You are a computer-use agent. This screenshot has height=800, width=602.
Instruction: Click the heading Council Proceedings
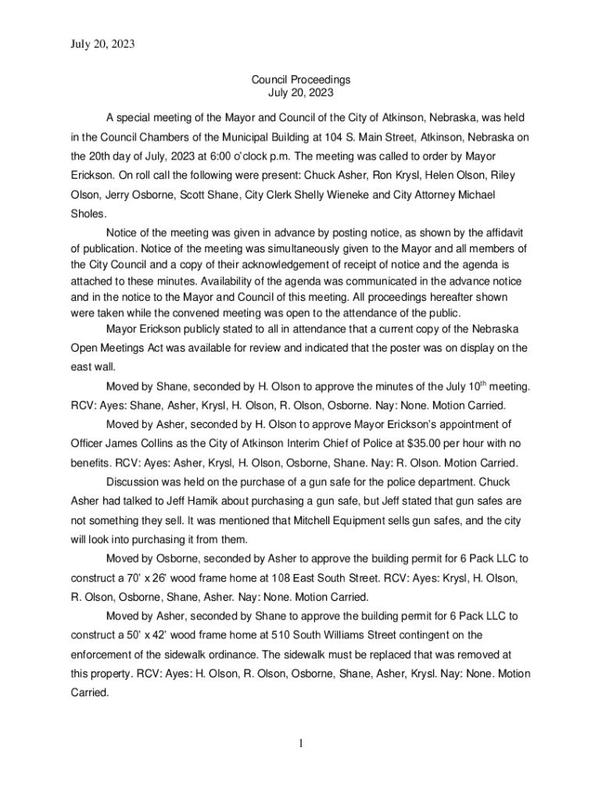pos(300,80)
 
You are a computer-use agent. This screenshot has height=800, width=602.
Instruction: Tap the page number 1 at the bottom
pos(300,743)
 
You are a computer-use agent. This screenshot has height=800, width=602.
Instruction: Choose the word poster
pos(400,348)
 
